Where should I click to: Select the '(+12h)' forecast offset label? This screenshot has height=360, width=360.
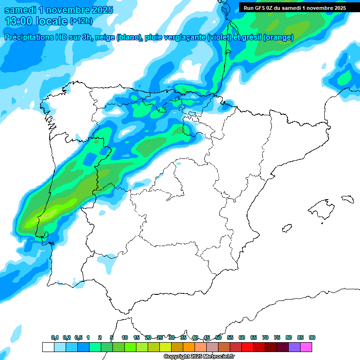(x=81, y=21)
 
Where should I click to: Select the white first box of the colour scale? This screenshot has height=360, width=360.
(x=48, y=347)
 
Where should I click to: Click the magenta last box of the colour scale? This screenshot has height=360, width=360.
(x=306, y=347)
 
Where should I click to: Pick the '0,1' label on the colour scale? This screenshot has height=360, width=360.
(x=55, y=337)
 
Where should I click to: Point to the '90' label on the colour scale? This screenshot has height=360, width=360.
(x=312, y=337)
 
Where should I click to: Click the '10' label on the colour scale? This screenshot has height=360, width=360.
(x=125, y=337)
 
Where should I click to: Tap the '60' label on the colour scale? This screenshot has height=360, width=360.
(x=242, y=337)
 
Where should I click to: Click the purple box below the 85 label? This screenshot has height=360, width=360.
(x=294, y=347)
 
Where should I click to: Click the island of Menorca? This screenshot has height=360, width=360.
(x=347, y=199)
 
